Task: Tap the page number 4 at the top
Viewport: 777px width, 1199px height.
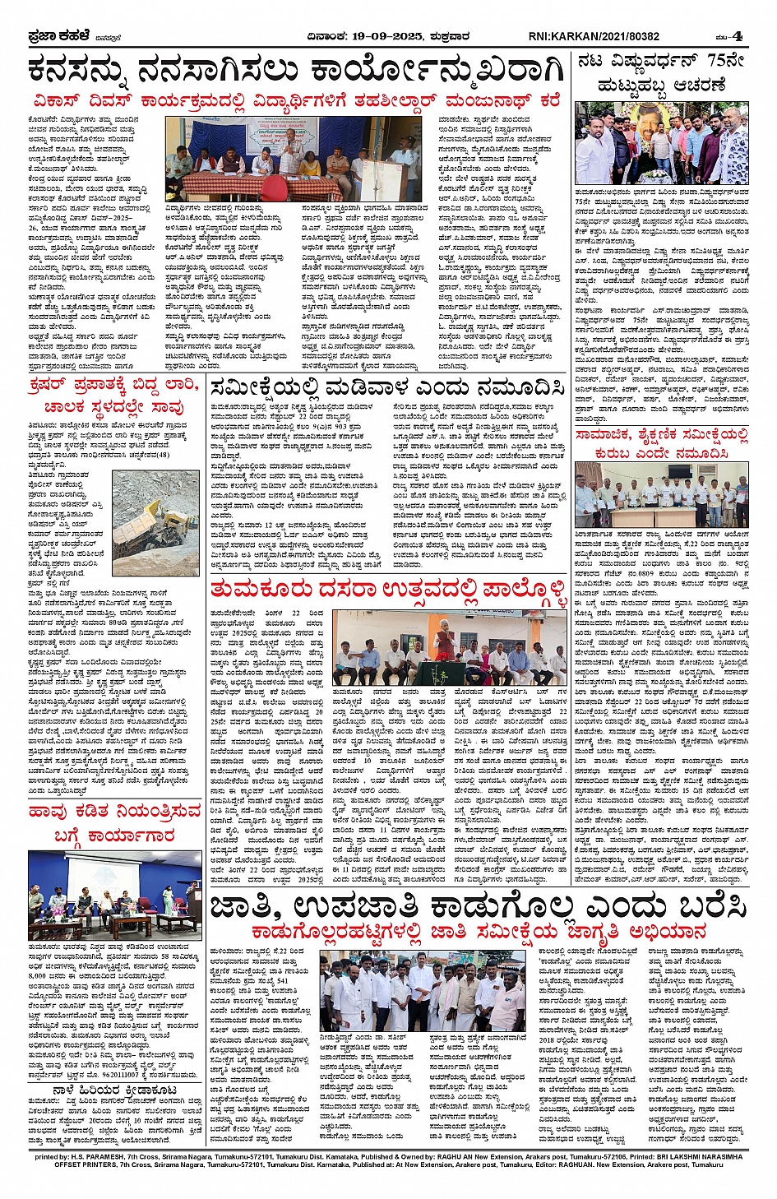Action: [738, 36]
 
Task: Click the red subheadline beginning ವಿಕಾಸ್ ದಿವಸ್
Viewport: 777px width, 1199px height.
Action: [296, 101]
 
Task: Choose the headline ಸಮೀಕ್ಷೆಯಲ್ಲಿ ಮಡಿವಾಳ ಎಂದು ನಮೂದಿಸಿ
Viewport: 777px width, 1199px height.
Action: [386, 388]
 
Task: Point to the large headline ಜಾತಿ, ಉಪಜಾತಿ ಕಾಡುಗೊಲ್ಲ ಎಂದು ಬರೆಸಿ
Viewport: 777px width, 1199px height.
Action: [477, 905]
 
